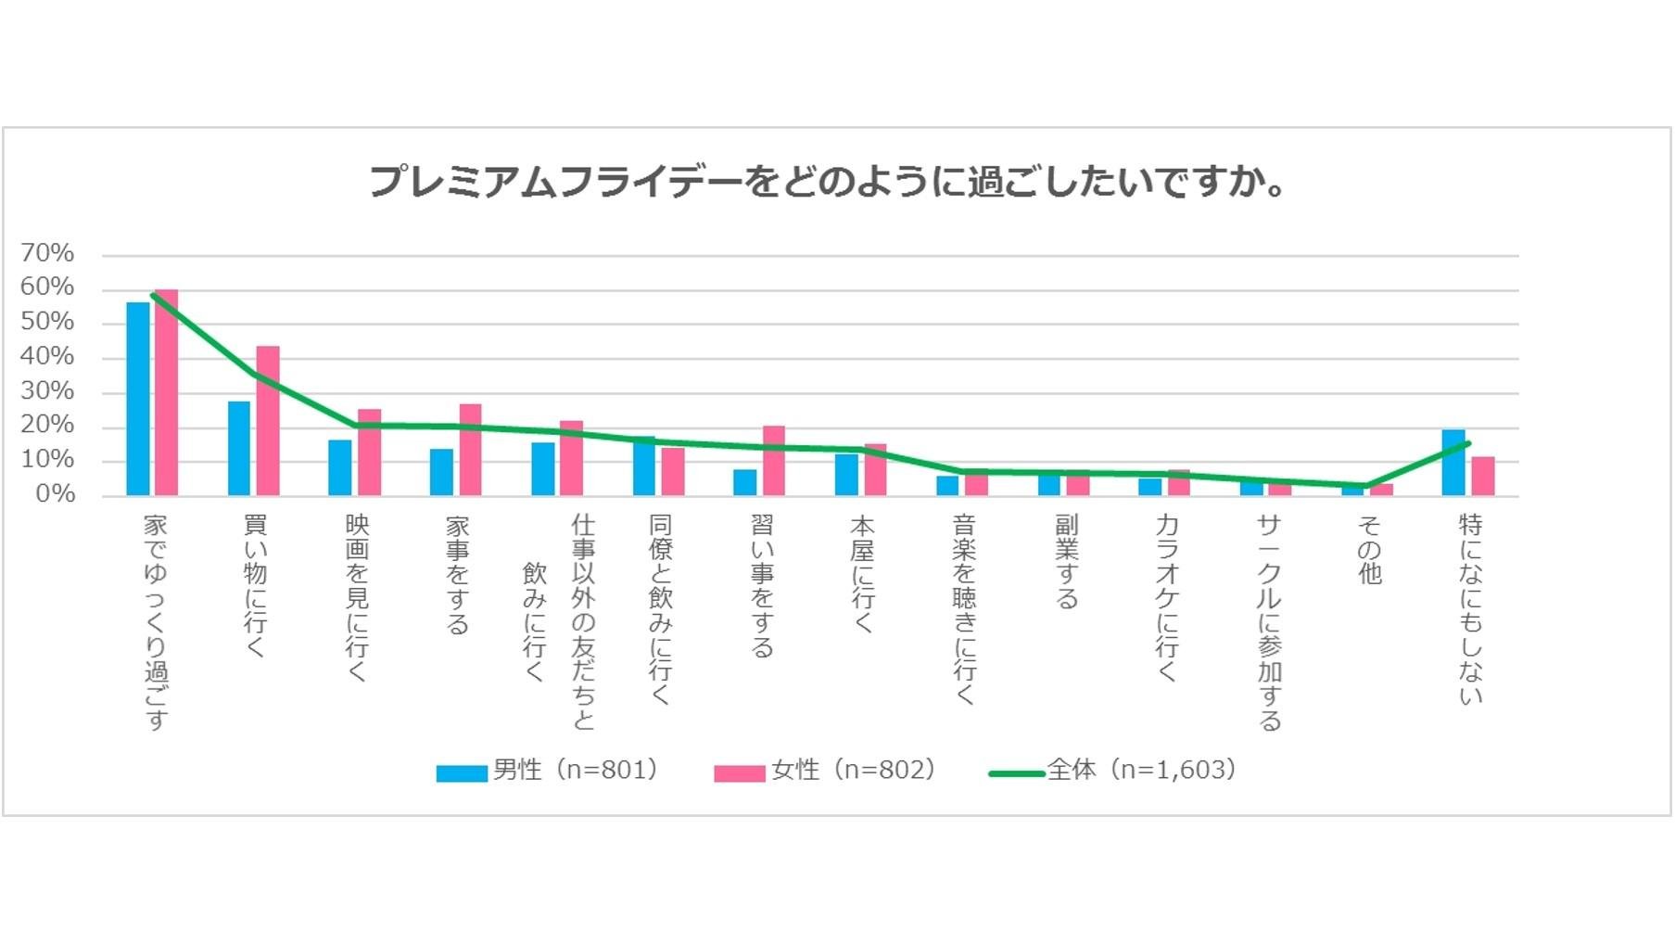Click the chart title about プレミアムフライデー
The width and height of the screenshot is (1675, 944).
tap(827, 182)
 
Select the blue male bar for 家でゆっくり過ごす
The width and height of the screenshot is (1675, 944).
tap(138, 399)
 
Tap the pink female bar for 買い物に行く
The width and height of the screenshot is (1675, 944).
tap(268, 421)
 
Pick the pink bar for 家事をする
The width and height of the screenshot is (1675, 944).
tap(470, 450)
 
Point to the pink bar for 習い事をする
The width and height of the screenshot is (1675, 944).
tap(773, 461)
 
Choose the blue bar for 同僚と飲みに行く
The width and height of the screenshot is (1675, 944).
tap(644, 466)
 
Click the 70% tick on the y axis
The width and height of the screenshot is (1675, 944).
tap(47, 253)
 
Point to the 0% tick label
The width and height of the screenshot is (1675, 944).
tap(55, 494)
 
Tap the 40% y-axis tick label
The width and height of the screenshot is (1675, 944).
tap(47, 356)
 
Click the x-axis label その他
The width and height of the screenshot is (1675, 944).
tap(1369, 550)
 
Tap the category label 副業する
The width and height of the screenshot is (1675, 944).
tap(1066, 562)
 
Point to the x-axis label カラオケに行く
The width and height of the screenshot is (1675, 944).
tap(1167, 597)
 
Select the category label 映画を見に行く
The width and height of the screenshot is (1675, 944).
tap(357, 597)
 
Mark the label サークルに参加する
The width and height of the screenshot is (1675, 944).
tap(1268, 621)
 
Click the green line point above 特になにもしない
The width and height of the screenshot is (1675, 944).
tap(1468, 443)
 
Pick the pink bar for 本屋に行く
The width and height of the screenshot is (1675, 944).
tap(875, 470)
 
